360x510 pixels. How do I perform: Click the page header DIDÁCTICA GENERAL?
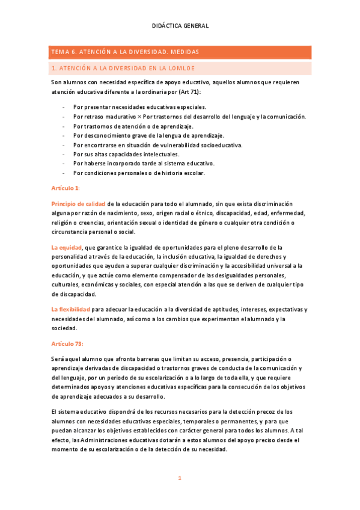pyautogui.click(x=180, y=26)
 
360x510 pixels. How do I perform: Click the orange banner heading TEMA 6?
pyautogui.click(x=124, y=52)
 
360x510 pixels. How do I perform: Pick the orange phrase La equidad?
pyautogui.click(x=67, y=247)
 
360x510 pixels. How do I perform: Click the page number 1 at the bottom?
pyautogui.click(x=179, y=478)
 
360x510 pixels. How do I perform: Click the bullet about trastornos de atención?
pyautogui.click(x=133, y=126)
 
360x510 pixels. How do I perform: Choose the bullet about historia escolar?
pyautogui.click(x=139, y=173)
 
